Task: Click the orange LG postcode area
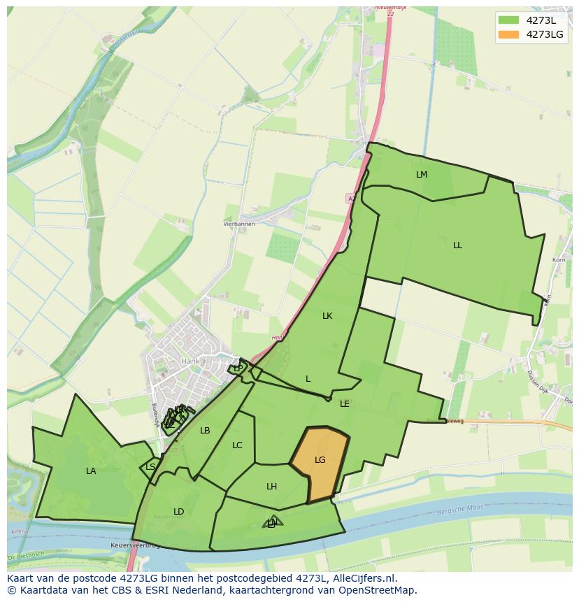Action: coord(320,461)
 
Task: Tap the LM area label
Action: coord(422,175)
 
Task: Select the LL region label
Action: coord(457,245)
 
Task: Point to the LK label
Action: coord(327,316)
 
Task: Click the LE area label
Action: coord(345,404)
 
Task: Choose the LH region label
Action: coord(272,487)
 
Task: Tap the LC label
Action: coord(237,445)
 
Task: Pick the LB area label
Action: coord(205,431)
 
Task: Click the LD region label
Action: coord(179,512)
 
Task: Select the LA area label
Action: coord(91,471)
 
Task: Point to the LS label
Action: coord(151,467)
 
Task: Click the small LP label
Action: coord(238,368)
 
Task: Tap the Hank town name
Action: coord(190,361)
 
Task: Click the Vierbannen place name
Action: coord(239,224)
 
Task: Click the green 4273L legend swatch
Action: coord(509,20)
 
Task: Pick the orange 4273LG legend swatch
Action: coord(509,34)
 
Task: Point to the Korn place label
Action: coord(559,260)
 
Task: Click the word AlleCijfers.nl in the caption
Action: coord(364,579)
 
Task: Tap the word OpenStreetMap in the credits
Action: coord(381,590)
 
